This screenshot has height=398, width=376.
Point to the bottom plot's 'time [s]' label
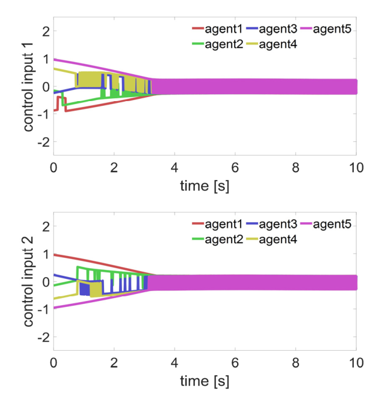click(x=204, y=383)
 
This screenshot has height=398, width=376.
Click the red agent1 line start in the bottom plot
click(x=54, y=254)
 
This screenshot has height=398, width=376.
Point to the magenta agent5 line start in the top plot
click(x=54, y=59)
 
